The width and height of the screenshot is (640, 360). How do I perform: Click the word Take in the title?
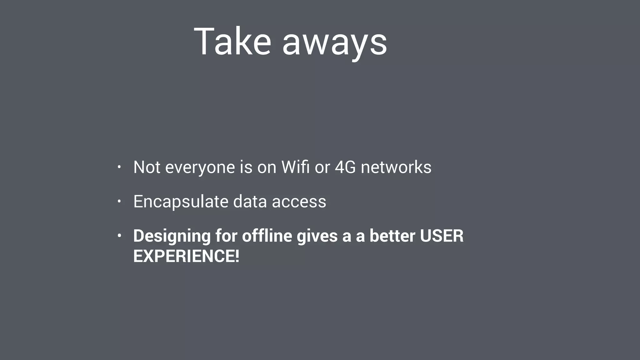click(x=232, y=42)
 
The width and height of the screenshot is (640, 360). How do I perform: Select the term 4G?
click(x=345, y=167)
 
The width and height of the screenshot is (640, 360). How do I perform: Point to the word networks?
click(x=396, y=167)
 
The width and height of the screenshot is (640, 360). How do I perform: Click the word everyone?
click(x=200, y=167)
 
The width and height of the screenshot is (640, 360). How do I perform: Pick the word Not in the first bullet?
click(x=147, y=167)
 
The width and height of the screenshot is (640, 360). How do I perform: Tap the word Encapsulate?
click(x=181, y=202)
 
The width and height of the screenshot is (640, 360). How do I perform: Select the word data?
click(x=250, y=201)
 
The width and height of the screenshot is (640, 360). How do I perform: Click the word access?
click(x=299, y=202)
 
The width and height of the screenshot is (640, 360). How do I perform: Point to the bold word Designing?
click(x=172, y=236)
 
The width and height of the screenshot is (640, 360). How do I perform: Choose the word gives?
click(x=317, y=236)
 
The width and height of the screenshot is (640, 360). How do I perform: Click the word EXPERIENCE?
click(x=186, y=256)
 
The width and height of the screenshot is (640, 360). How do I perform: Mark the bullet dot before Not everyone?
click(x=119, y=167)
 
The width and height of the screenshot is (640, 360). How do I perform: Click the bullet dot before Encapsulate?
click(x=119, y=202)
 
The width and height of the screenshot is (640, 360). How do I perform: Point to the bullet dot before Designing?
click(x=119, y=236)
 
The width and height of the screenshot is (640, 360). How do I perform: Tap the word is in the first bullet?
click(x=246, y=167)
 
